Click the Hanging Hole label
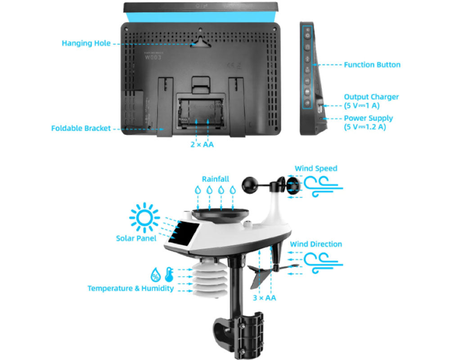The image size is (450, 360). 85,44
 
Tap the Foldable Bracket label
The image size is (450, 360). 81,128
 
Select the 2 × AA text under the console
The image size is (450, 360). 202,144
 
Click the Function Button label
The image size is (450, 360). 372,65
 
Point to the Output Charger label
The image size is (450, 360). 371,97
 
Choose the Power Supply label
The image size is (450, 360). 368,118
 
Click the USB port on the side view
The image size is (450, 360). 320,107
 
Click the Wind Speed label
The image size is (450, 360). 316,168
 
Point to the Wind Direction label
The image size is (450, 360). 316,244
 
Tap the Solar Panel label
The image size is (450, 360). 136,238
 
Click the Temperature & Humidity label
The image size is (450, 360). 130,288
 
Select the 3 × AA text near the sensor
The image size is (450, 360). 264,297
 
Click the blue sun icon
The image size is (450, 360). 144,218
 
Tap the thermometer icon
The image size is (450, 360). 169,274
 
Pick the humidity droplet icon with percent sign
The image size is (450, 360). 156,274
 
